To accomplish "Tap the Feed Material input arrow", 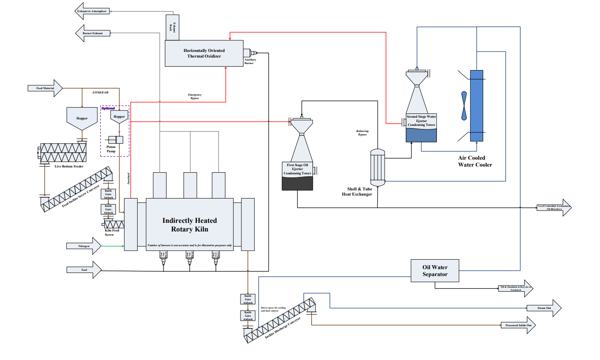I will point(45,88).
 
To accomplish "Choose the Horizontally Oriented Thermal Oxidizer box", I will point(204,53).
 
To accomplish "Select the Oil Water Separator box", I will point(435,271).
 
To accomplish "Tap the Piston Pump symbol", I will point(115,140).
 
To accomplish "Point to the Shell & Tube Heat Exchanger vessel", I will point(378,167).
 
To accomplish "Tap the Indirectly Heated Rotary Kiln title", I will point(189,225).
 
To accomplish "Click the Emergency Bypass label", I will point(195,96).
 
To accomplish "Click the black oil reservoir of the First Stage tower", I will point(297,183).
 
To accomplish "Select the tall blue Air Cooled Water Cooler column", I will point(476,106).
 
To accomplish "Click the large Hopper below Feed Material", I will point(82,119).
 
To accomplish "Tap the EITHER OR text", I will point(100,93).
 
